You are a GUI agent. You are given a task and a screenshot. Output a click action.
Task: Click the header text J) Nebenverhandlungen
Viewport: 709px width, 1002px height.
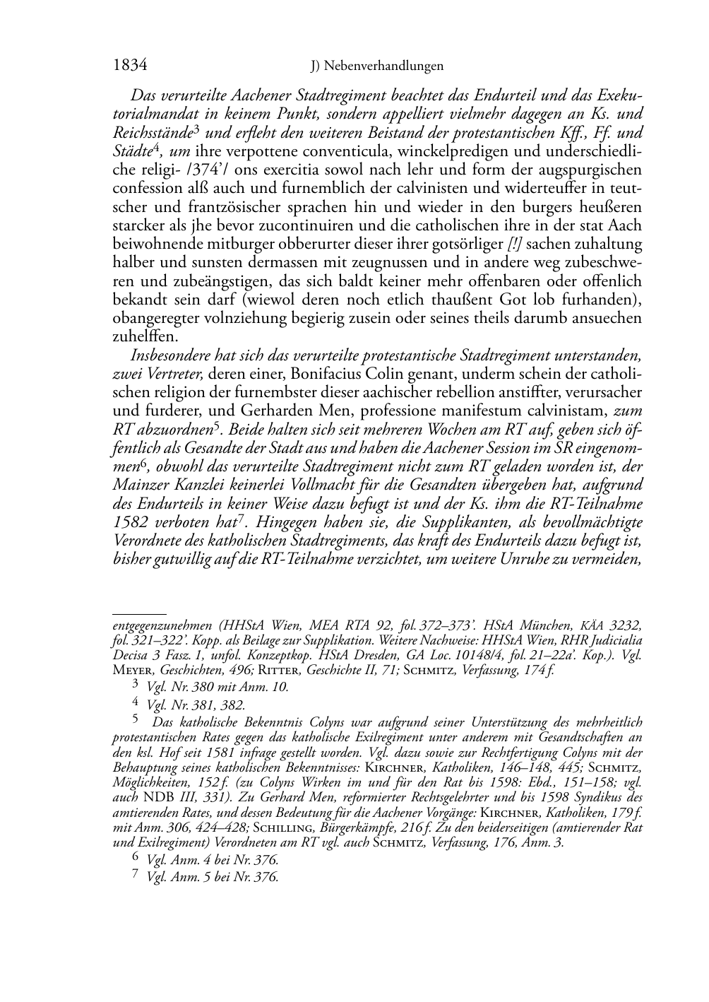click(377, 66)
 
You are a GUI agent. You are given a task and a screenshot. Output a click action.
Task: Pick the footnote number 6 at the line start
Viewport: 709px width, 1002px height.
click(136, 859)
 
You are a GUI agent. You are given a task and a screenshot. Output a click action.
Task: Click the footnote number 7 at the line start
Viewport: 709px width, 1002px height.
click(136, 877)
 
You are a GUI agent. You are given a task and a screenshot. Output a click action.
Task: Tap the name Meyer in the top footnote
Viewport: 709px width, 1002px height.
click(131, 669)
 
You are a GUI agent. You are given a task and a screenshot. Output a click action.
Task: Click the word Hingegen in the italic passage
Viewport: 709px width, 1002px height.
click(285, 521)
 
